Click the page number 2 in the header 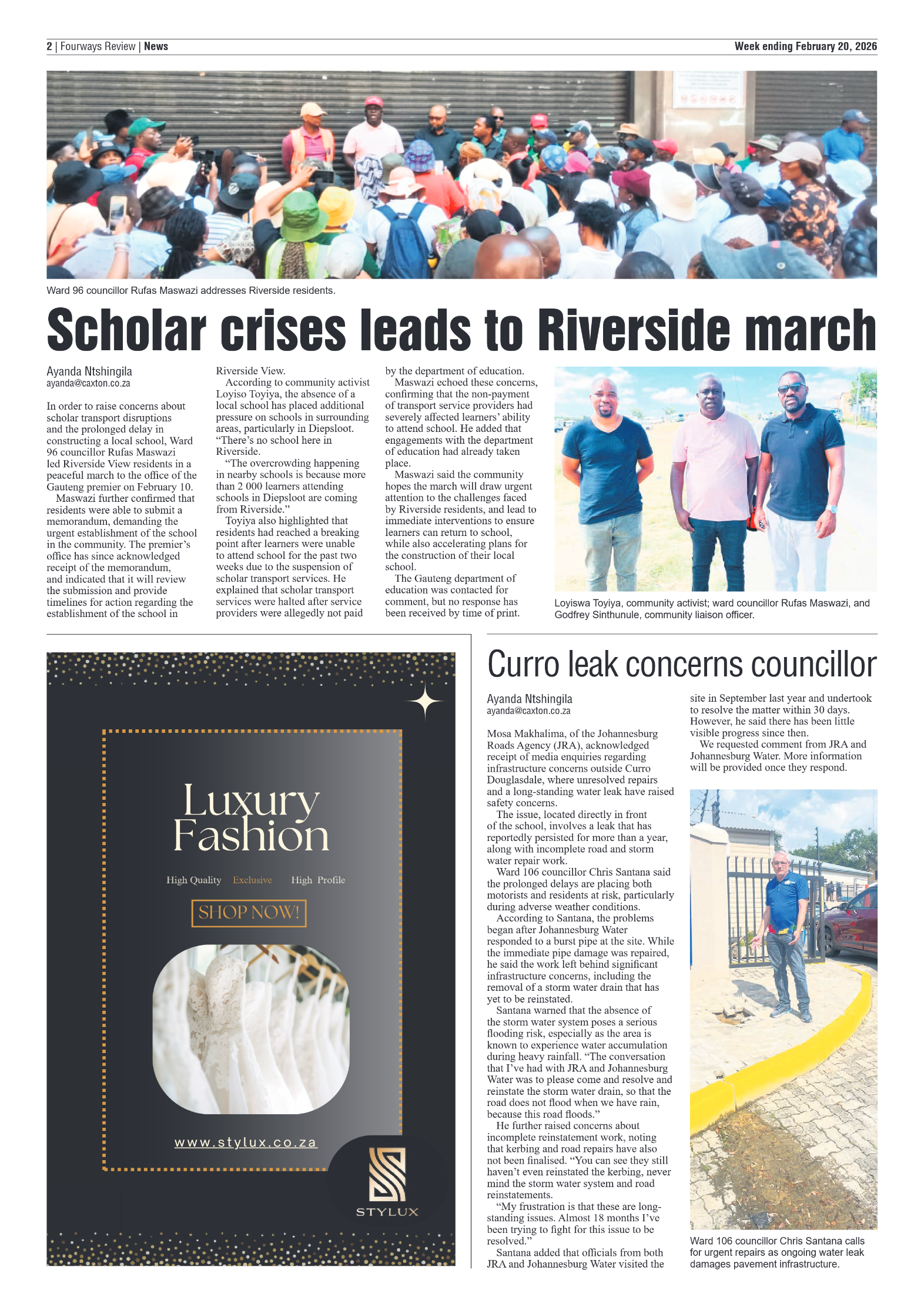tap(49, 46)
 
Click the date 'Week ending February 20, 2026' tap(805, 46)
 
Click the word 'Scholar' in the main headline tap(126, 330)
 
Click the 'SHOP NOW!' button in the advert tap(249, 913)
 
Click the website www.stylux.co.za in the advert tap(246, 1142)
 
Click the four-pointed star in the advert tap(425, 702)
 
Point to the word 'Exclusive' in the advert tap(252, 880)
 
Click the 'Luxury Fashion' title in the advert tap(251, 818)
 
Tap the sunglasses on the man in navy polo tap(792, 388)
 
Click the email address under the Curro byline tap(528, 711)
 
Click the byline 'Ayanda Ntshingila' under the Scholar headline tap(89, 371)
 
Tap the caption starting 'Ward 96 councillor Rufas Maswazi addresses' tap(191, 290)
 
